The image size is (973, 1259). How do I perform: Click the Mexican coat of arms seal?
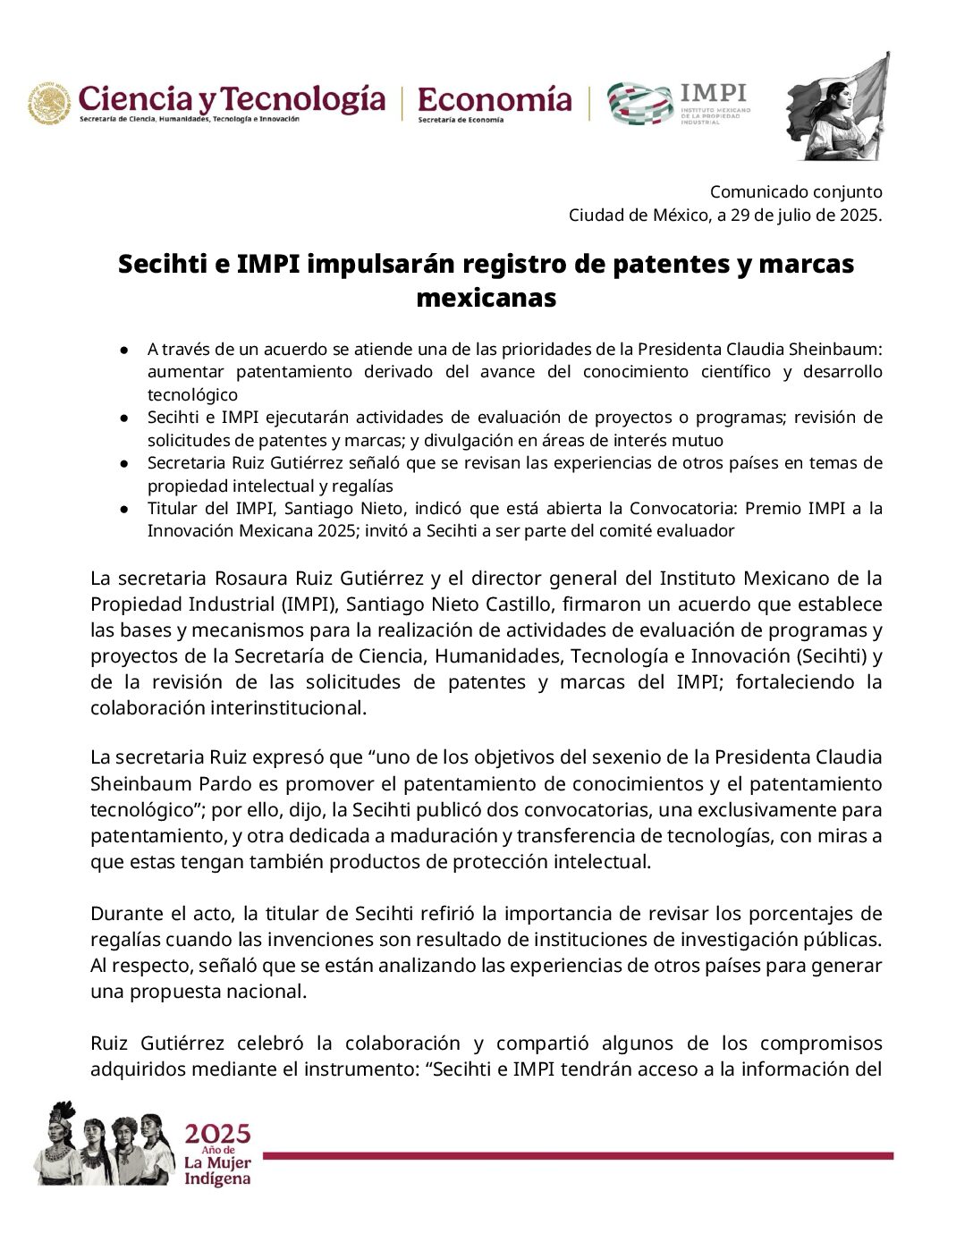tap(48, 105)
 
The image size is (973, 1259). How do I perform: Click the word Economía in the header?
tap(495, 97)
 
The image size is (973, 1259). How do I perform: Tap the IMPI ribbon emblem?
tap(639, 103)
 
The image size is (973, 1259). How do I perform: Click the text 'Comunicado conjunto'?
tap(796, 191)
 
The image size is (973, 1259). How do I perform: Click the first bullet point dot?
tap(127, 349)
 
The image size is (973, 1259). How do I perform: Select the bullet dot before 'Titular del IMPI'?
tap(127, 509)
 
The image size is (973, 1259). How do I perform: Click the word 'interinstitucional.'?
tap(228, 707)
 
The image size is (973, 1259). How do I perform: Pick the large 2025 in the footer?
tap(217, 1134)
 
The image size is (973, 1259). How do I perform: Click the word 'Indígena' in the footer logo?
tap(217, 1179)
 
